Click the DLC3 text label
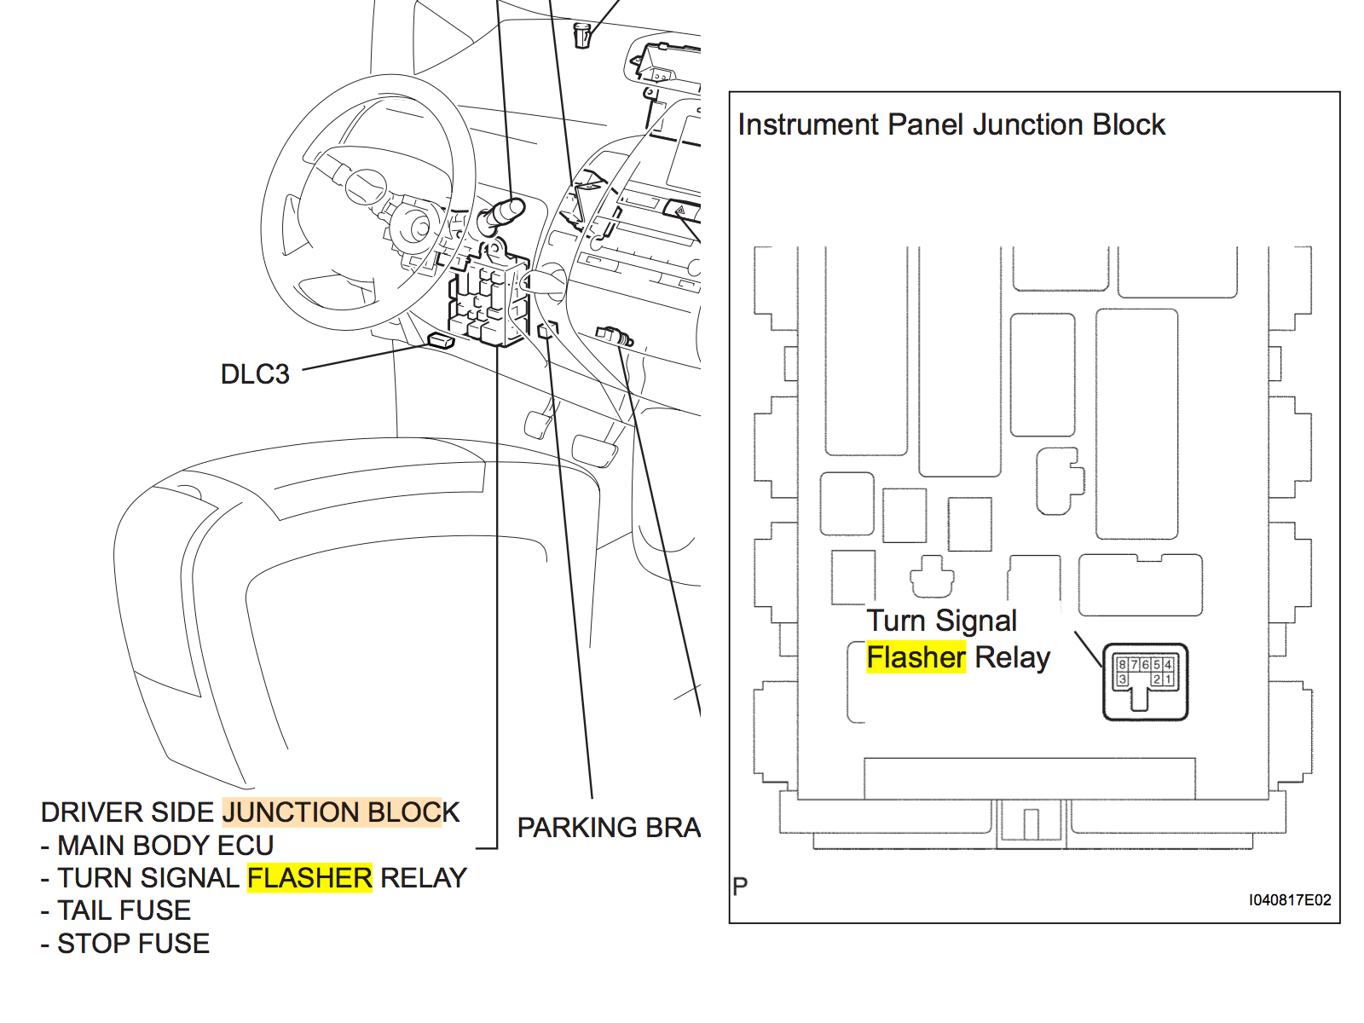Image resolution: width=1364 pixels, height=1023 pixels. pyautogui.click(x=255, y=373)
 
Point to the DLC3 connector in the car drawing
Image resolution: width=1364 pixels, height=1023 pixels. pyautogui.click(x=441, y=341)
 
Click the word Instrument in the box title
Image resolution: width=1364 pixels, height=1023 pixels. pyautogui.click(x=807, y=124)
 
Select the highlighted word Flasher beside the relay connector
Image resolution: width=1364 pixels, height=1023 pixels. pyautogui.click(x=916, y=657)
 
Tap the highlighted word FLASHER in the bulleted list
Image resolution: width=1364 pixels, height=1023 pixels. pyautogui.click(x=309, y=877)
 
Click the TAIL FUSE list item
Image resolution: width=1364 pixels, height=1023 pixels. pyautogui.click(x=124, y=910)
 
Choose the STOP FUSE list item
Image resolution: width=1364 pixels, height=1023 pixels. pyautogui.click(x=133, y=943)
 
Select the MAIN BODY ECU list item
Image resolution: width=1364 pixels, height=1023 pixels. pyautogui.click(x=165, y=845)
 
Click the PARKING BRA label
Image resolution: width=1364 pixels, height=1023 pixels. pyautogui.click(x=609, y=827)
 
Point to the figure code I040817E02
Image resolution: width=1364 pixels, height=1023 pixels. pyautogui.click(x=1289, y=899)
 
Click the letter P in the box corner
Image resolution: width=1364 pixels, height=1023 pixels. pyautogui.click(x=740, y=886)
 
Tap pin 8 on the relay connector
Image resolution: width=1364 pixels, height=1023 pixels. pyautogui.click(x=1122, y=664)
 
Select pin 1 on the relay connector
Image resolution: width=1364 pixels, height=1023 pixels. pyautogui.click(x=1168, y=679)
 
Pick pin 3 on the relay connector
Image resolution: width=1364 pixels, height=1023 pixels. pyautogui.click(x=1122, y=679)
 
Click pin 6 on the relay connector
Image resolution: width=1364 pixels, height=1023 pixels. pyautogui.click(x=1145, y=664)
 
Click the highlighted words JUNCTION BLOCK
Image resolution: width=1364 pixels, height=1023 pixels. pyautogui.click(x=341, y=812)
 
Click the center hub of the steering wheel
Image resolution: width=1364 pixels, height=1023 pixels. pyautogui.click(x=367, y=186)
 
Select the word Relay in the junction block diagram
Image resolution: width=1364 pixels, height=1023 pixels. pyautogui.click(x=1012, y=657)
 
